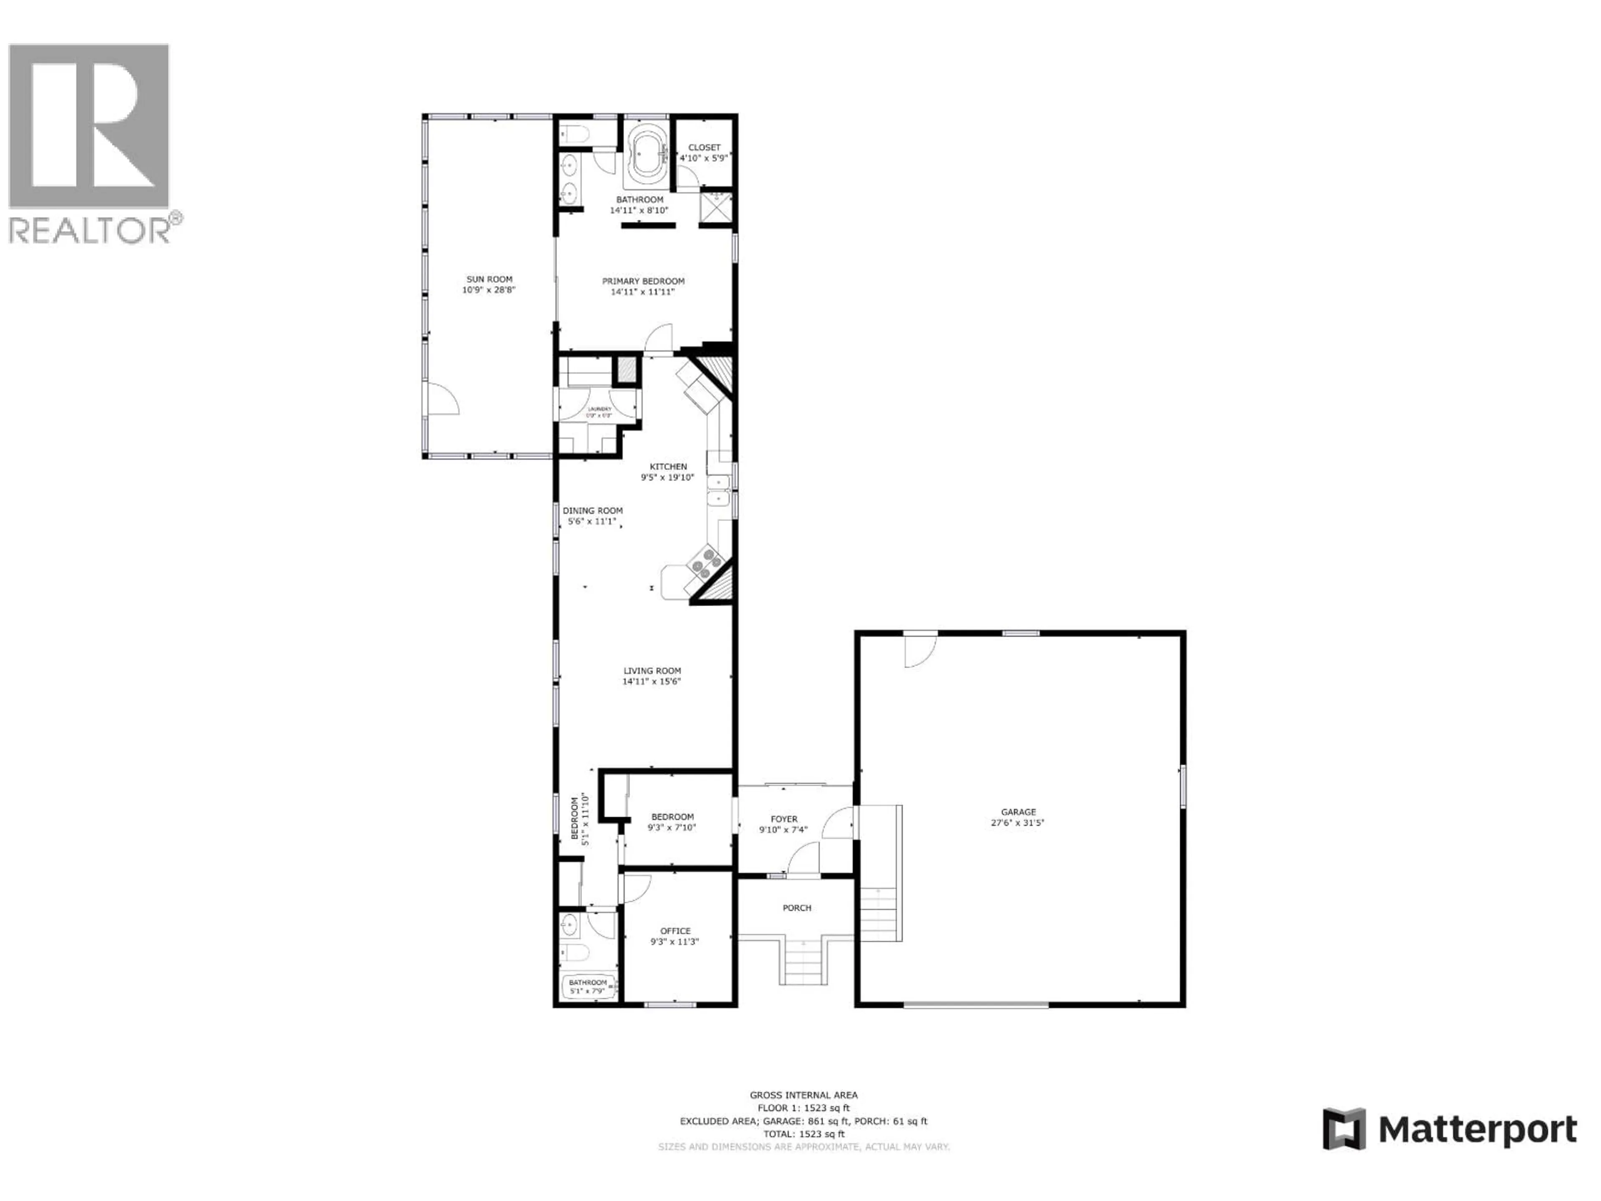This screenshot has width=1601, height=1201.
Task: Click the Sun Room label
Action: point(489,279)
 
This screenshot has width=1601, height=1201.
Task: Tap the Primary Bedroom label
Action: point(643,281)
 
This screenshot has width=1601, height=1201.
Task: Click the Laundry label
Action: point(599,409)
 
